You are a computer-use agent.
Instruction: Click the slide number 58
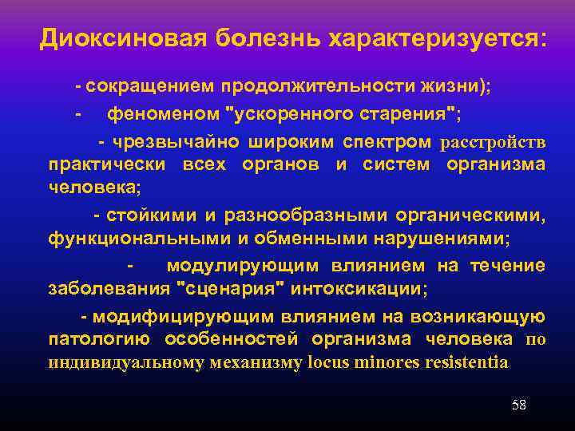518,405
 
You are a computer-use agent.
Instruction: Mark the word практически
105,164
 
